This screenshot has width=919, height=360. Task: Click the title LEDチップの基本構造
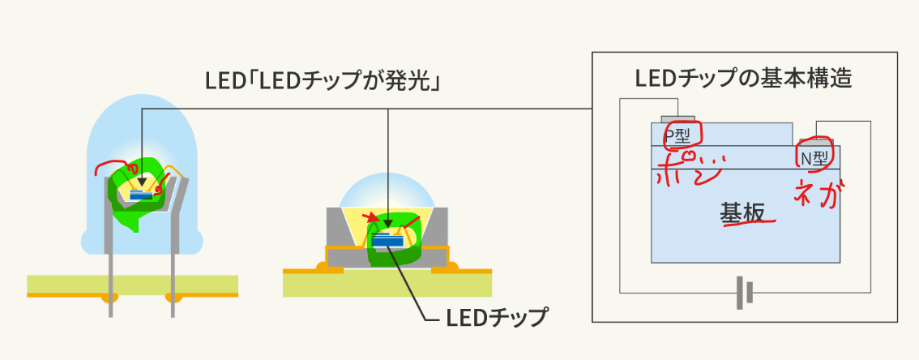(x=743, y=79)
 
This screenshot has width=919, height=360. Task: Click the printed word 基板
(x=742, y=212)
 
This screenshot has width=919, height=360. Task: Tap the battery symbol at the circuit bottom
(x=745, y=293)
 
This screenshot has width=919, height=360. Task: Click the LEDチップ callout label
(x=496, y=318)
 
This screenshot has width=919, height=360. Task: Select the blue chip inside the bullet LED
(x=141, y=195)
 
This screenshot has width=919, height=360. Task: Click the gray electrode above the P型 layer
(x=678, y=119)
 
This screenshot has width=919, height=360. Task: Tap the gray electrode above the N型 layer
(x=816, y=141)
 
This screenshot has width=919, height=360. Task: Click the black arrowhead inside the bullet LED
(x=141, y=182)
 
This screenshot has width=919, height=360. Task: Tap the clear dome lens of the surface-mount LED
(x=388, y=191)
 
